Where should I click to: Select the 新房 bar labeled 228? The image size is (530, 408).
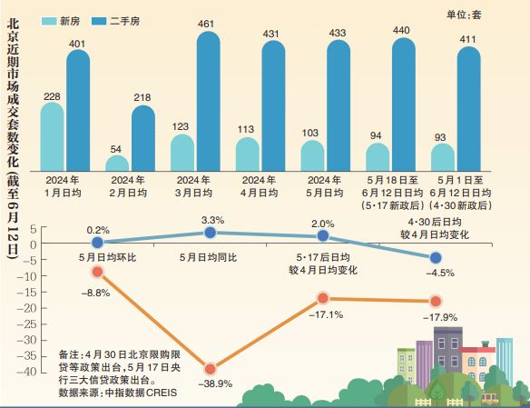(53, 136)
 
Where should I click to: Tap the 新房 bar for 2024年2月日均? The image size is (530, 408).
(117, 163)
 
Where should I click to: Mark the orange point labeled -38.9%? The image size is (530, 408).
(210, 368)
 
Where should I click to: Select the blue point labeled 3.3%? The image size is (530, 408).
(211, 233)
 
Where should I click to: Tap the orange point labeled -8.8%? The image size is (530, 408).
(97, 272)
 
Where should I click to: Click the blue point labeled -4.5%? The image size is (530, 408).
(435, 258)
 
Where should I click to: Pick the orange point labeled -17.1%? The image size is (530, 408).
(322, 298)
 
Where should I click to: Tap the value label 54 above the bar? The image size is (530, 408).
(117, 148)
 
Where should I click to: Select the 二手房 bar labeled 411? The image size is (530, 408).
(468, 109)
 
